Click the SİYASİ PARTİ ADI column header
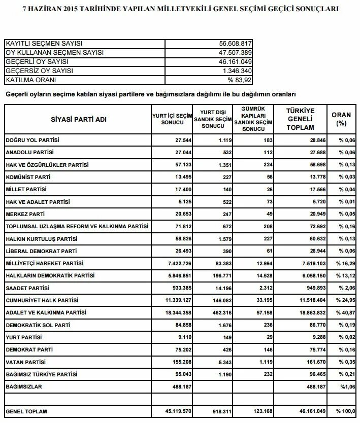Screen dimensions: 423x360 (x=79, y=119)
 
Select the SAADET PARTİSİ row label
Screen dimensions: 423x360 (x=27, y=288)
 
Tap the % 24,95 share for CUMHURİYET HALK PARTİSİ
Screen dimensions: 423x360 (x=345, y=300)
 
